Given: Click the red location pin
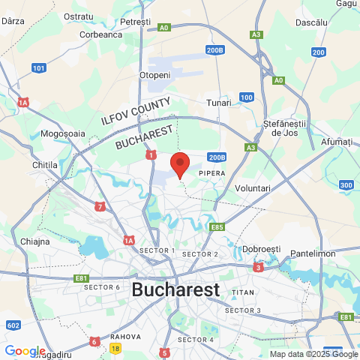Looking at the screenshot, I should tap(180, 163).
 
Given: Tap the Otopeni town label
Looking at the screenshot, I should tap(155, 75).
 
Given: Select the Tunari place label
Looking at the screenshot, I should tap(219, 103).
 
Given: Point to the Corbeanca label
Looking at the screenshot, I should tap(100, 34).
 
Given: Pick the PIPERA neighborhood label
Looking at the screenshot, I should tap(211, 173).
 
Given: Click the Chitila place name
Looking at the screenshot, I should tap(46, 163).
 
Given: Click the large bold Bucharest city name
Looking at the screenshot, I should tap(175, 289).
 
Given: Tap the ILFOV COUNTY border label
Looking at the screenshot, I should tap(136, 110).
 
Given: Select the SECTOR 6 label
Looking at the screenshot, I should tap(102, 287).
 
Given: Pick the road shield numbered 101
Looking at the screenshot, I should tap(39, 68).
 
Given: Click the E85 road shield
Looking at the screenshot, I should tap(217, 226).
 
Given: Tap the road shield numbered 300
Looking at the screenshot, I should tap(346, 185).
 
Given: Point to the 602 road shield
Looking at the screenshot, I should tap(13, 325).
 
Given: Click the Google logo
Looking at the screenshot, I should tap(25, 351).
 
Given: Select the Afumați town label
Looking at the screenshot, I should tap(336, 141).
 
